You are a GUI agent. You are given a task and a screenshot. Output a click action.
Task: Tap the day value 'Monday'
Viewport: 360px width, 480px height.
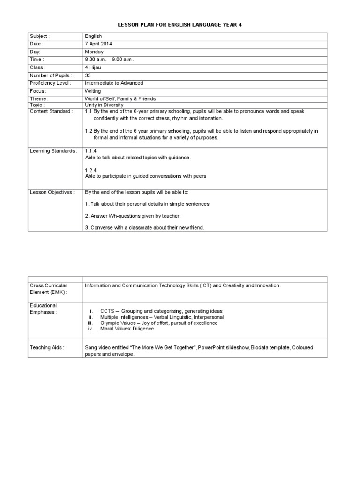coord(94,52)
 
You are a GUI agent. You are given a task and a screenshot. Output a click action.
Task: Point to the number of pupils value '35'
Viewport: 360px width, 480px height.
coord(88,75)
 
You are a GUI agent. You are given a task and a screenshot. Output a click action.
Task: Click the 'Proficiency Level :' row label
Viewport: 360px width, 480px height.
coord(51,83)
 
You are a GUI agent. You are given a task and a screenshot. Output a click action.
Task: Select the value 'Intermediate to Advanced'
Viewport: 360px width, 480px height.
coord(114,83)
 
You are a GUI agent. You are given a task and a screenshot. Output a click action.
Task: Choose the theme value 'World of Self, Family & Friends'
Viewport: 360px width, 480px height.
coord(120,99)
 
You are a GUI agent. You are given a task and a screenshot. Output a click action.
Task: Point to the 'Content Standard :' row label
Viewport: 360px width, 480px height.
coord(51,111)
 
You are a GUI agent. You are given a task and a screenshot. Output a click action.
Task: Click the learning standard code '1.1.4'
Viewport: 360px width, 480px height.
coord(91,151)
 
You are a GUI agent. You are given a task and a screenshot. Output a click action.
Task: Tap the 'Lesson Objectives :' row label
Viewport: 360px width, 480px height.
coord(52,192)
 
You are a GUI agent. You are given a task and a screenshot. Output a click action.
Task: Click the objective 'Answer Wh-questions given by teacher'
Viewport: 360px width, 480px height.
coord(133,216)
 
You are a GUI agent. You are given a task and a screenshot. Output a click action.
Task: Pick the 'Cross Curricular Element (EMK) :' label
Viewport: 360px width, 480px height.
coord(49,289)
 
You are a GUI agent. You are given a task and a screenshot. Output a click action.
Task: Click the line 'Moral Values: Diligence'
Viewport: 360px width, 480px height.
coord(127,329)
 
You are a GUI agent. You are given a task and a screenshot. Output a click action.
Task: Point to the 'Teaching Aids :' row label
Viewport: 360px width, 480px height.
coord(47,348)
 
